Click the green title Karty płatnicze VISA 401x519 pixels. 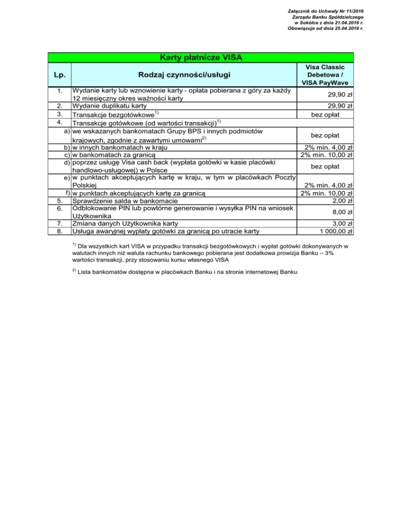(x=201, y=56)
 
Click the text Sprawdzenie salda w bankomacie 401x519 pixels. (x=125, y=201)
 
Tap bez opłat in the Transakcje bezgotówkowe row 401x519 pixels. (x=332, y=114)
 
